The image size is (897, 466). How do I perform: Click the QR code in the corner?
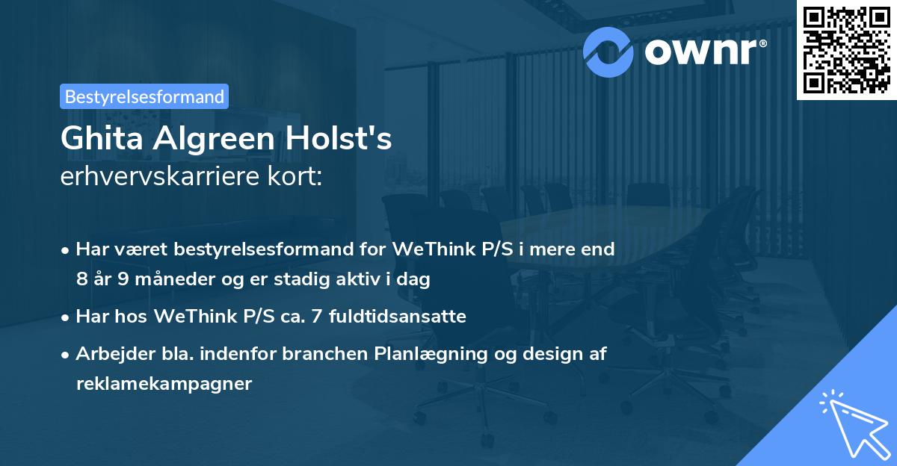click(846, 50)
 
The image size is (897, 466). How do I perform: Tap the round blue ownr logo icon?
click(608, 51)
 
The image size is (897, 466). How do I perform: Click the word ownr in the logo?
click(698, 51)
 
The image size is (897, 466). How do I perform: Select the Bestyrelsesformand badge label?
click(144, 96)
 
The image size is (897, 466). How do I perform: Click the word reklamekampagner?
click(164, 384)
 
